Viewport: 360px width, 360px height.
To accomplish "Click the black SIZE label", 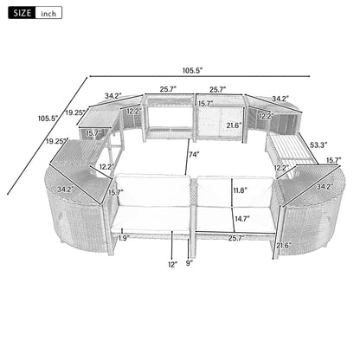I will click(x=21, y=13).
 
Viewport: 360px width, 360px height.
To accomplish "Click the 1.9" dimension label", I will click(x=124, y=236).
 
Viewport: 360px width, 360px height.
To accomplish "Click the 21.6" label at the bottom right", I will click(x=283, y=247).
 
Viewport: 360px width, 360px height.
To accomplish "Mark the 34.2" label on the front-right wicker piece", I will click(x=323, y=185).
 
